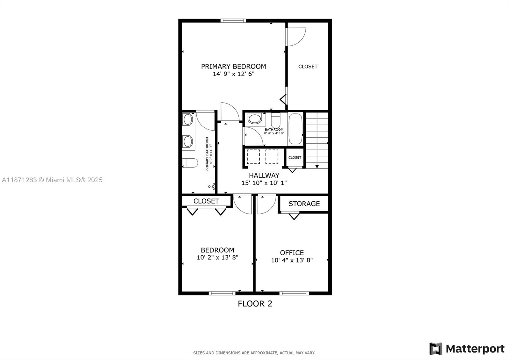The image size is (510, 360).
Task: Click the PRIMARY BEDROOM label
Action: click(x=233, y=66)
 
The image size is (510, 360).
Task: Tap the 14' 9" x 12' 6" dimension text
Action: click(x=233, y=74)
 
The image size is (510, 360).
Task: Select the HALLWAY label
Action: click(x=264, y=175)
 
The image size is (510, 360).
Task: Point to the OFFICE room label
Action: click(x=292, y=253)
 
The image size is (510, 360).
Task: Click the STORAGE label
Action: click(x=304, y=204)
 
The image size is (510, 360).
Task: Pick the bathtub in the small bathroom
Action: click(x=295, y=129)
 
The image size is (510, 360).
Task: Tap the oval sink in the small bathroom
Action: click(x=255, y=119)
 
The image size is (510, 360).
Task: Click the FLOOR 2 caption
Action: click(x=255, y=304)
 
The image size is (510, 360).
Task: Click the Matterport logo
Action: click(x=467, y=349)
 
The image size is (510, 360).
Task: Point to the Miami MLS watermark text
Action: click(x=52, y=180)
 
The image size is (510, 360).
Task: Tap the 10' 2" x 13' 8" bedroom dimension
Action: click(x=217, y=257)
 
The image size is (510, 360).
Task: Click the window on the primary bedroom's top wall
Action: click(x=233, y=21)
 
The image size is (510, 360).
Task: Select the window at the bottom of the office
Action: click(x=294, y=293)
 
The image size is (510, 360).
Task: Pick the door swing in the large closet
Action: click(x=296, y=37)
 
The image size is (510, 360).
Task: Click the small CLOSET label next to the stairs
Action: click(x=295, y=157)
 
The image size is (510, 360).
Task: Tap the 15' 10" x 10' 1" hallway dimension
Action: click(x=264, y=183)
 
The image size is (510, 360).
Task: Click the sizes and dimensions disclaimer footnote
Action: click(x=254, y=353)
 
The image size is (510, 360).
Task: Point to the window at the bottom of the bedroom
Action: click(x=222, y=293)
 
